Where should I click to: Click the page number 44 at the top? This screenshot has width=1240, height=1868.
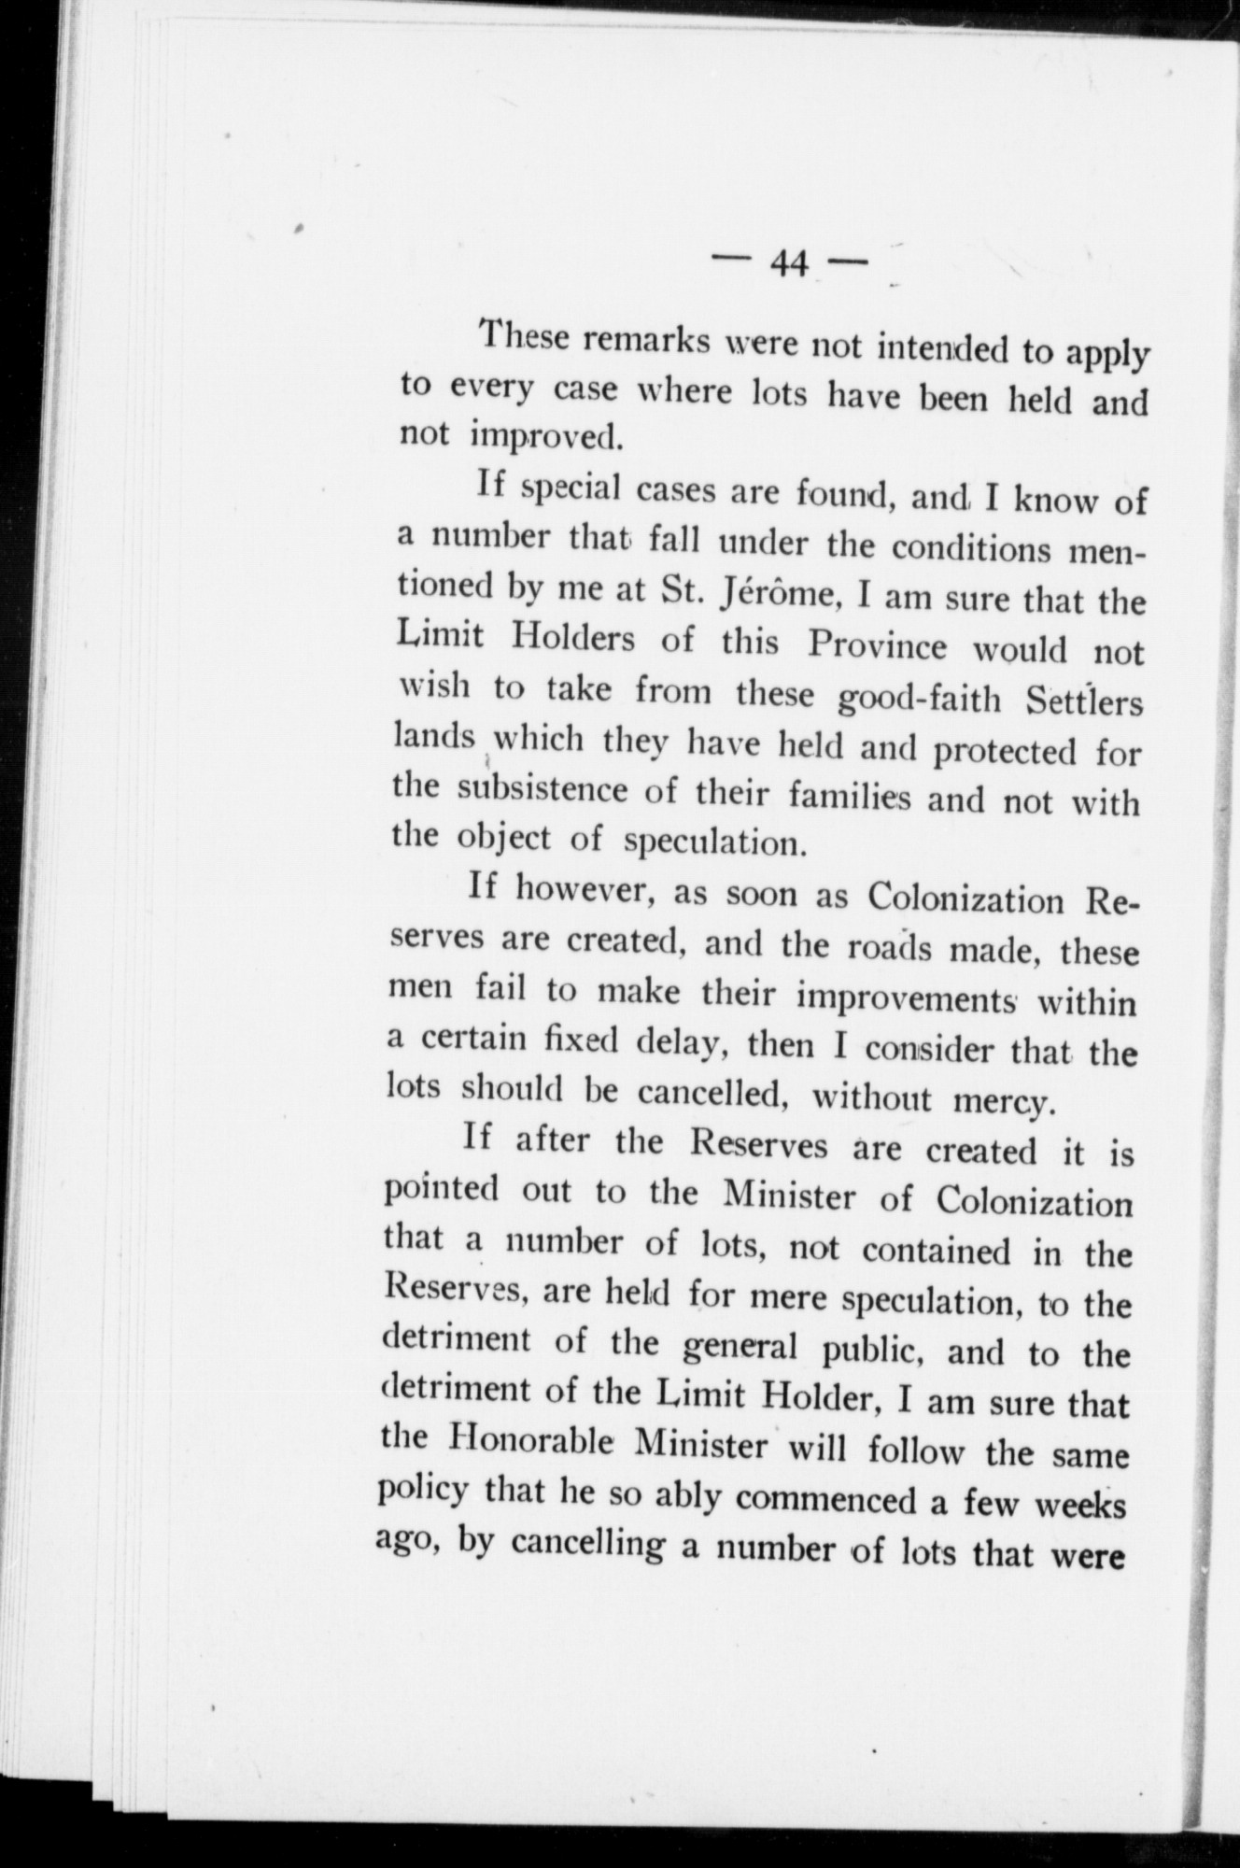point(788,265)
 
